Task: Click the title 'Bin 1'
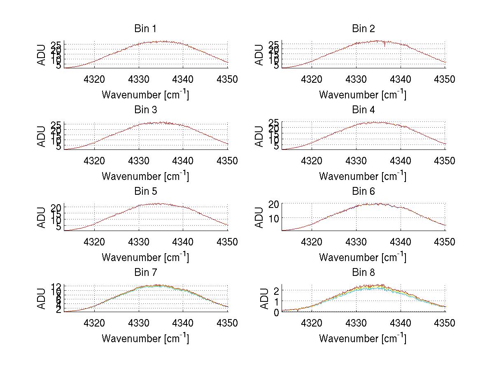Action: pos(145,29)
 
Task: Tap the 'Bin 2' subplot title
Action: pos(363,29)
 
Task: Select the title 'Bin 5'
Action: pos(145,191)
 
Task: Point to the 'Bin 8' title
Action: pos(363,273)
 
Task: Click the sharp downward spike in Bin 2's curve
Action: pos(385,45)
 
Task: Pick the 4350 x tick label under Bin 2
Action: pos(445,79)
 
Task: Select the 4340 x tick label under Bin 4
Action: pos(401,161)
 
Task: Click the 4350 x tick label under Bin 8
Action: pos(445,323)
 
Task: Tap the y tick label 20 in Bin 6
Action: pos(273,204)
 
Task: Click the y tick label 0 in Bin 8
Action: pos(276,312)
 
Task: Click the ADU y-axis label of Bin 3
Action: pos(42,136)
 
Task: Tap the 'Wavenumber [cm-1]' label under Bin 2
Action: pos(363,95)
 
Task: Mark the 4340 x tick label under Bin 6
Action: pos(401,242)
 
